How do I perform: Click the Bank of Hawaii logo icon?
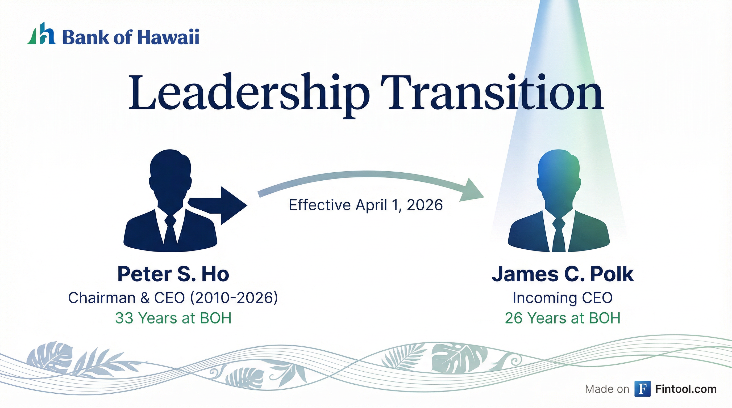pyautogui.click(x=41, y=33)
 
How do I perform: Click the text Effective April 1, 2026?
pyautogui.click(x=366, y=205)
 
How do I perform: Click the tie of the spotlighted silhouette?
pyautogui.click(x=559, y=234)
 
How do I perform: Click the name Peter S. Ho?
pyautogui.click(x=173, y=274)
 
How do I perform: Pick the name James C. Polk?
pyautogui.click(x=563, y=274)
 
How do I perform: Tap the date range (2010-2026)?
pyautogui.click(x=234, y=298)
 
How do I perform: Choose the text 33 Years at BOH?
pyautogui.click(x=173, y=318)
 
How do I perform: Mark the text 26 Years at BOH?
pyautogui.click(x=563, y=318)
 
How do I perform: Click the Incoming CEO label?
pyautogui.click(x=563, y=298)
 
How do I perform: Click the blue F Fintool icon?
pyautogui.click(x=642, y=389)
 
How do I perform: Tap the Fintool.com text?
pyautogui.click(x=686, y=389)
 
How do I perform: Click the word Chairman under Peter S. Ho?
pyautogui.click(x=102, y=298)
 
